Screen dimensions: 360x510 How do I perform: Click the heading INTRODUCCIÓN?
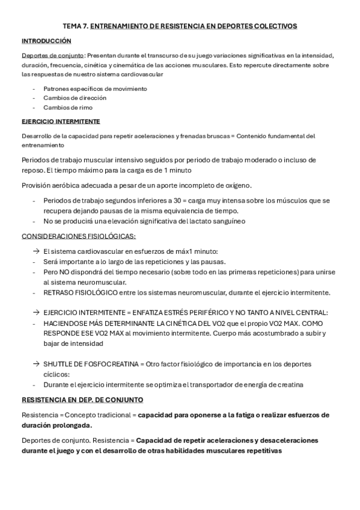coord(46,41)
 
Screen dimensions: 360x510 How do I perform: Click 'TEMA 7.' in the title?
coord(76,26)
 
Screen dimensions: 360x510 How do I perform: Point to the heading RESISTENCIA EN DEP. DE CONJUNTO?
coord(82,399)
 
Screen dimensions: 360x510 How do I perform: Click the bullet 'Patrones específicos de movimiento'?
coord(95,88)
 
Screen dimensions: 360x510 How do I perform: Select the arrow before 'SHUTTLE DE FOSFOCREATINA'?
coord(37,364)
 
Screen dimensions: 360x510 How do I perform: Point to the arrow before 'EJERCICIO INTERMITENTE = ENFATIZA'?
coord(37,313)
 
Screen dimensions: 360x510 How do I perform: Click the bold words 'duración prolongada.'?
coord(56,425)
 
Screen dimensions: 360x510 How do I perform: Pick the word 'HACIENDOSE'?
coord(66,323)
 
